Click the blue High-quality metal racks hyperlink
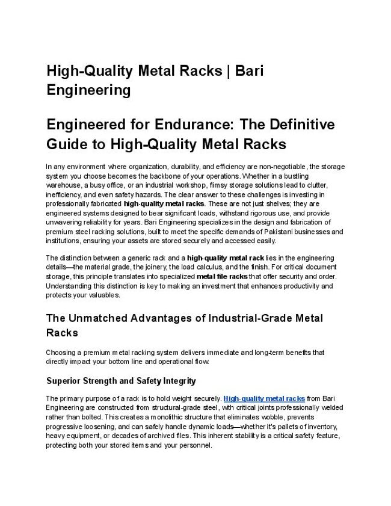(x=264, y=398)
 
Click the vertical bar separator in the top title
(x=229, y=70)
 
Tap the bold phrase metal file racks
(x=222, y=277)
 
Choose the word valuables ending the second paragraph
(x=103, y=295)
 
